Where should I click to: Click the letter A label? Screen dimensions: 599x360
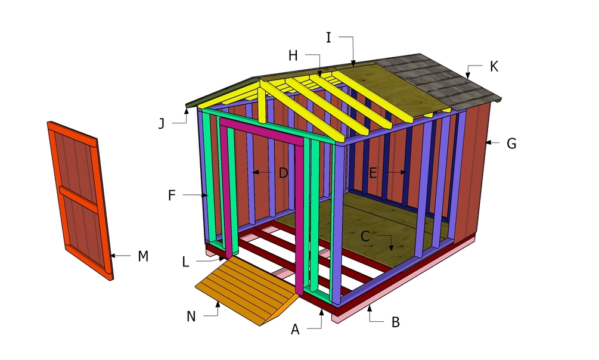click(295, 330)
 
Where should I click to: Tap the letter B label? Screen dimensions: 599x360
click(395, 322)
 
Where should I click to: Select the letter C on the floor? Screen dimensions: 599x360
click(365, 236)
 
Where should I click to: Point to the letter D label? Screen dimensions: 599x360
click(283, 173)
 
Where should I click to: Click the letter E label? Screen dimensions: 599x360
click(373, 173)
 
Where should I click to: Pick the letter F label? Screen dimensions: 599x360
click(172, 195)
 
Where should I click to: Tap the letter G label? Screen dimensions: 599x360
click(511, 144)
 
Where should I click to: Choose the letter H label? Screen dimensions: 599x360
click(293, 56)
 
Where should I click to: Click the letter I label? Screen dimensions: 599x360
click(328, 38)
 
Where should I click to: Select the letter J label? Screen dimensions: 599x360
click(162, 123)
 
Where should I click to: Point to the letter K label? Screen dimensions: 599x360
click(494, 67)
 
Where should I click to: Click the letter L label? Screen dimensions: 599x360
click(185, 262)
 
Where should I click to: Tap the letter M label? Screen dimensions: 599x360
click(143, 256)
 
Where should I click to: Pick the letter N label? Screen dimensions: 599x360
click(191, 316)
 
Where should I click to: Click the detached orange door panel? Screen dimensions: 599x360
click(80, 201)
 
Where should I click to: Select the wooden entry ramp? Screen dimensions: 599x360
click(246, 290)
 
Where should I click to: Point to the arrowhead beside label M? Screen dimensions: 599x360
click(113, 255)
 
